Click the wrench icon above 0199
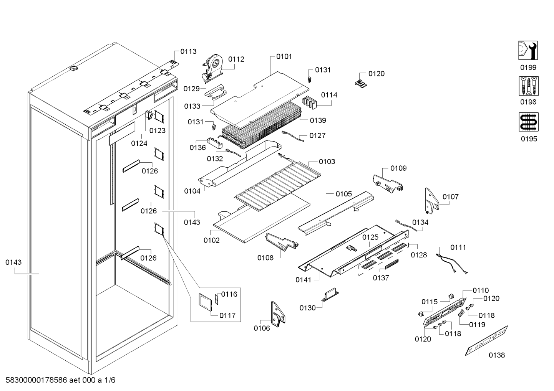[528, 50]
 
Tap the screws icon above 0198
[528, 86]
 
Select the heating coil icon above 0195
[528, 122]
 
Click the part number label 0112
[236, 59]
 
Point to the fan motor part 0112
[213, 66]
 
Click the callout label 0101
[284, 56]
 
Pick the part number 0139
[318, 120]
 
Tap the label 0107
[450, 197]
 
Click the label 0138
[497, 355]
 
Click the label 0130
[307, 308]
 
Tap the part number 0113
[188, 51]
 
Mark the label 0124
[139, 144]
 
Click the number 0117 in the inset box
[227, 315]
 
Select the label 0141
[303, 280]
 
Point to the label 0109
[398, 168]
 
